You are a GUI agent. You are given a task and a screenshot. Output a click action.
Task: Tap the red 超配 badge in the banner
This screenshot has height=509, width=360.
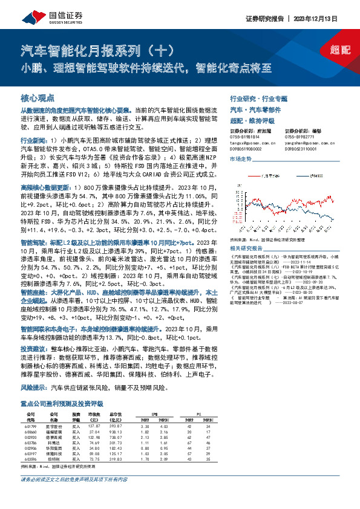pyautogui.click(x=341, y=51)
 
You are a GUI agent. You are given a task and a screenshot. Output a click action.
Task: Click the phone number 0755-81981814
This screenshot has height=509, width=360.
pyautogui.click(x=246, y=137)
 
